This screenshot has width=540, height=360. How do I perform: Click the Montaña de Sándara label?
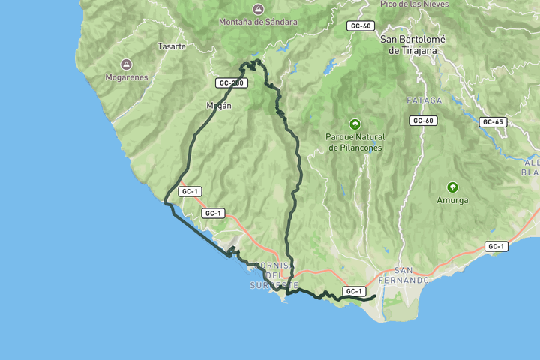258,22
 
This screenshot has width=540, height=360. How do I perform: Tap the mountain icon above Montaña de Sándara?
258,9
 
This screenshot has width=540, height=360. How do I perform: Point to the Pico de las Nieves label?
415,4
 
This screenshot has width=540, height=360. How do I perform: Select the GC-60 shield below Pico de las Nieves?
360,25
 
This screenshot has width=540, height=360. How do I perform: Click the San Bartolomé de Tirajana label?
414,45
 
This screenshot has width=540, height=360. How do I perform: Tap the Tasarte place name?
172,46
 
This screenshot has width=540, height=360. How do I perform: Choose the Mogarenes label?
126,76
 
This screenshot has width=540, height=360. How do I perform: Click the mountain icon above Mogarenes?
126,64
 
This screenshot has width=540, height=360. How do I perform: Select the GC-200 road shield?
231,82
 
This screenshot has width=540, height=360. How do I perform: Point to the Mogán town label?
219,106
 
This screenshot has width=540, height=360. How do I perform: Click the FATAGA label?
424,100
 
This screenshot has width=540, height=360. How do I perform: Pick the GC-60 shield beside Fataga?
423,120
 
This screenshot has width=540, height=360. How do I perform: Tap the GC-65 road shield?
493,121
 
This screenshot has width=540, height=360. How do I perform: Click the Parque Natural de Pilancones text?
355,142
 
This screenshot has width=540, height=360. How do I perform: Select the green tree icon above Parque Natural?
355,124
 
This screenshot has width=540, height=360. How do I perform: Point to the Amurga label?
452,200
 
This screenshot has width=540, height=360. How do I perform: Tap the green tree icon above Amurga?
452,187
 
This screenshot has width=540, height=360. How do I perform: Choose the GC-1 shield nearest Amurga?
496,246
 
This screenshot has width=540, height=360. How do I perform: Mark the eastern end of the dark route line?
374,297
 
